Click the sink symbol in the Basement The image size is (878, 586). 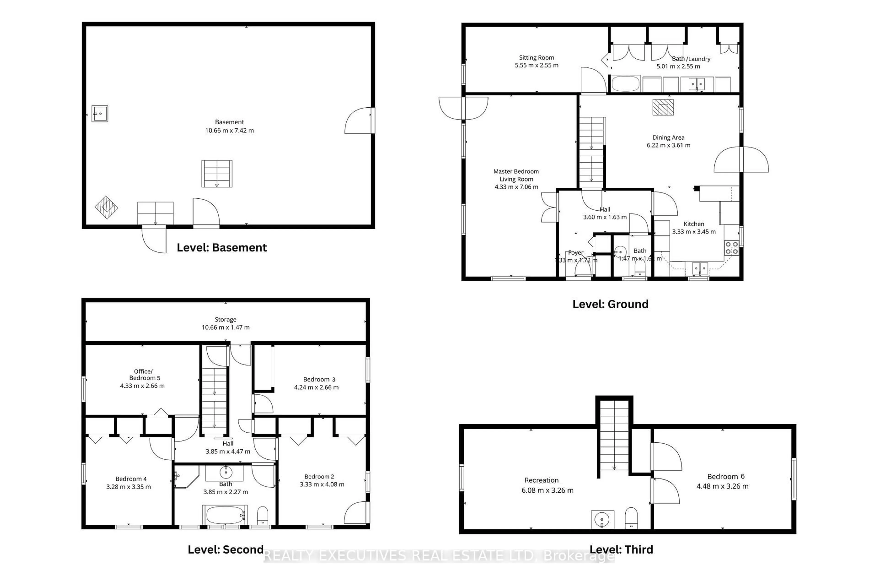pyautogui.click(x=100, y=114)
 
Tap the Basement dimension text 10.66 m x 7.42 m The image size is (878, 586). pyautogui.click(x=229, y=130)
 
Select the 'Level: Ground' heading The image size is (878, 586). pyautogui.click(x=610, y=304)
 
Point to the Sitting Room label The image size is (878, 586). pyautogui.click(x=536, y=57)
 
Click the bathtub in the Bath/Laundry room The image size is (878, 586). pyautogui.click(x=626, y=84)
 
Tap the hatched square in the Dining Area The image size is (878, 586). pyautogui.click(x=663, y=108)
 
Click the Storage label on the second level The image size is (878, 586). pyautogui.click(x=225, y=320)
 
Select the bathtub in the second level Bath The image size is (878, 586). pyautogui.click(x=224, y=515)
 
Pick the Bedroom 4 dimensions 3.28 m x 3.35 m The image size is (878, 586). pyautogui.click(x=128, y=487)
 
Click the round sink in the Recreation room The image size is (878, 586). pyautogui.click(x=602, y=519)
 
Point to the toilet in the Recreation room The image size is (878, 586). pyautogui.click(x=631, y=518)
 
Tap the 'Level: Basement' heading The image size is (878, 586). pyautogui.click(x=222, y=247)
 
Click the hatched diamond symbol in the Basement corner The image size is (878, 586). pyautogui.click(x=106, y=207)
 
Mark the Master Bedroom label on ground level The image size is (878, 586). pyautogui.click(x=516, y=171)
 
